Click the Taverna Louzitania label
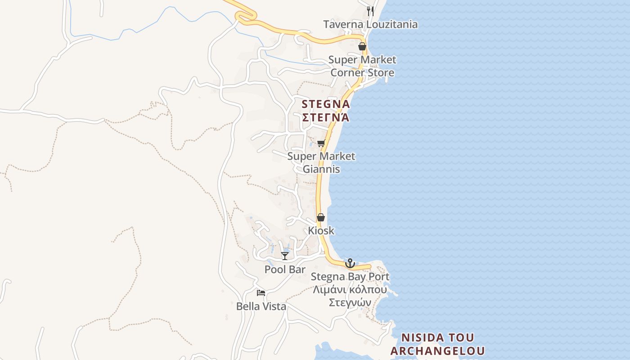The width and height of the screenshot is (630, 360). (x=370, y=24)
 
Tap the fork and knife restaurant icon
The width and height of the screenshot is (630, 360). (x=370, y=11)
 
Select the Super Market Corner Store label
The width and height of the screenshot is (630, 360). (x=362, y=66)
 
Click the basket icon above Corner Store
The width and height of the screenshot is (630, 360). (x=362, y=46)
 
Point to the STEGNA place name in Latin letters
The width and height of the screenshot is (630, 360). (x=326, y=104)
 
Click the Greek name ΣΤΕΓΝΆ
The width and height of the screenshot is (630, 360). (x=326, y=117)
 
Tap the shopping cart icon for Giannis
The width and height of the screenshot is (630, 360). (x=321, y=144)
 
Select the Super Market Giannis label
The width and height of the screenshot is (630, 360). (x=321, y=162)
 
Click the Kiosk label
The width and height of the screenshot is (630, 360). (x=321, y=230)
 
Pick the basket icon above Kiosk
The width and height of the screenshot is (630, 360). (x=321, y=218)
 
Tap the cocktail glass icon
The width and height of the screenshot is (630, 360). (x=285, y=256)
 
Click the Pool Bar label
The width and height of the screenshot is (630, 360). (x=285, y=270)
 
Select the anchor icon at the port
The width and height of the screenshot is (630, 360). (x=350, y=263)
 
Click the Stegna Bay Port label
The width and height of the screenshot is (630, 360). (x=350, y=276)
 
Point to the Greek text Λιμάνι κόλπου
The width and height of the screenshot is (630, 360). (x=350, y=289)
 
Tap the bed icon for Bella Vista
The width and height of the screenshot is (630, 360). (x=261, y=293)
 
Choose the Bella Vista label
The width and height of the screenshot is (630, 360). (x=261, y=306)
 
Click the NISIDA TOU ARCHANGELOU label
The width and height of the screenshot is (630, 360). (x=437, y=344)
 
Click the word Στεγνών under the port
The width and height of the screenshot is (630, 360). (x=350, y=302)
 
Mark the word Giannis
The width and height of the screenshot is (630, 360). (x=321, y=169)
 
